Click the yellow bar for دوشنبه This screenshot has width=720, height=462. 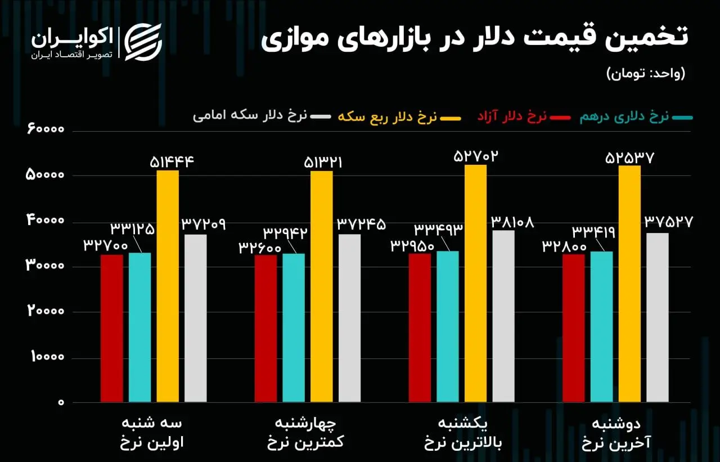point(629,284)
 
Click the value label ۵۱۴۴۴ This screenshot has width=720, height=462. point(172,162)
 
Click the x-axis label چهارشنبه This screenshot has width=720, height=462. point(304,423)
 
